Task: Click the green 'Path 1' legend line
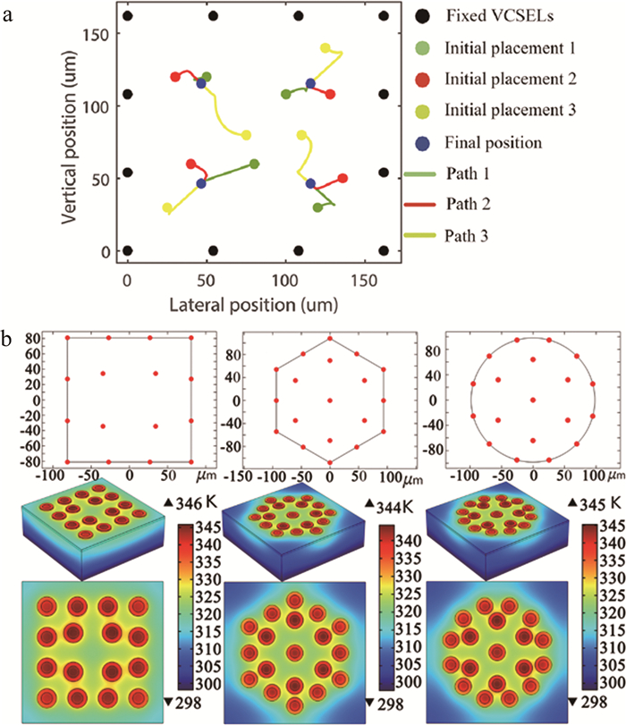click(x=428, y=173)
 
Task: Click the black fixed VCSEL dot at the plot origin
click(x=128, y=251)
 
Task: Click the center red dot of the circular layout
click(x=533, y=400)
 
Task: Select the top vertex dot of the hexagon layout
click(x=330, y=338)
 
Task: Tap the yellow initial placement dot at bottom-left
click(x=167, y=208)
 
